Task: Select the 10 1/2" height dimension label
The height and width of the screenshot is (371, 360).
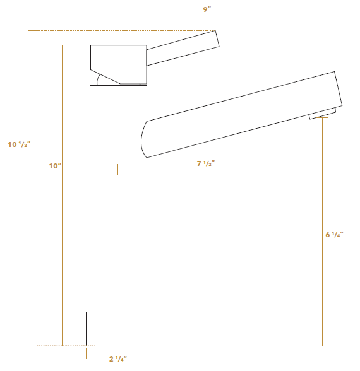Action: tap(19, 144)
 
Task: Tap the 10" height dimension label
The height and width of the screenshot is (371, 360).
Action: tap(55, 166)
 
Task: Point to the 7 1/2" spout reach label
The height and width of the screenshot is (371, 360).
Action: tap(206, 163)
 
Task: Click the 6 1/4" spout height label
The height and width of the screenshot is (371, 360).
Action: tap(334, 235)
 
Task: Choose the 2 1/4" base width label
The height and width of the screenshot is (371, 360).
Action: tap(118, 359)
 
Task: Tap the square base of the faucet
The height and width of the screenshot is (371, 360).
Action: tap(118, 328)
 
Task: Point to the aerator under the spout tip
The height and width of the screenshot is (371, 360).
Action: tap(322, 114)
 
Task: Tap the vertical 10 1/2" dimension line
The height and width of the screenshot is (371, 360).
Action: tap(33, 252)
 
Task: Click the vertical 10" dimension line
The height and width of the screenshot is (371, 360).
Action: tap(62, 252)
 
